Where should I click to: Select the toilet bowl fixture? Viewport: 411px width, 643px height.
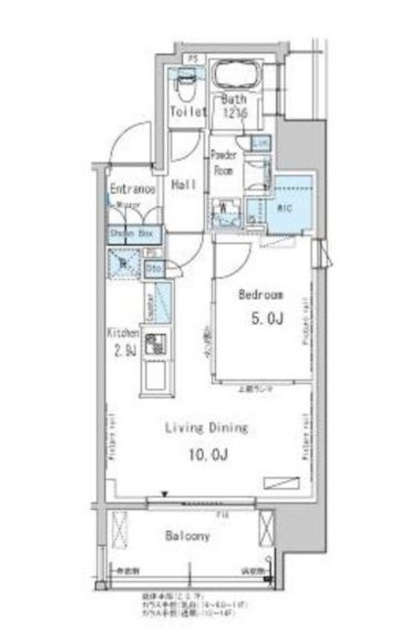tap(184, 86)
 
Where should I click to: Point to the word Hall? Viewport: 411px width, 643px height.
tap(184, 185)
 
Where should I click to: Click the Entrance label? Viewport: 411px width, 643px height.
tap(132, 189)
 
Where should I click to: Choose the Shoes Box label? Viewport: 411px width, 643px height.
tap(134, 235)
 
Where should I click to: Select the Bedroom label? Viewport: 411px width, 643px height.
tap(261, 295)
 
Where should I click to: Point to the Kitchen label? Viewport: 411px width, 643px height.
tap(123, 333)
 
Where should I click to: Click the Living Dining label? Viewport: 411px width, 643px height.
tap(205, 429)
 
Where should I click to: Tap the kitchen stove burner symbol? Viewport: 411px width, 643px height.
tap(155, 344)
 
